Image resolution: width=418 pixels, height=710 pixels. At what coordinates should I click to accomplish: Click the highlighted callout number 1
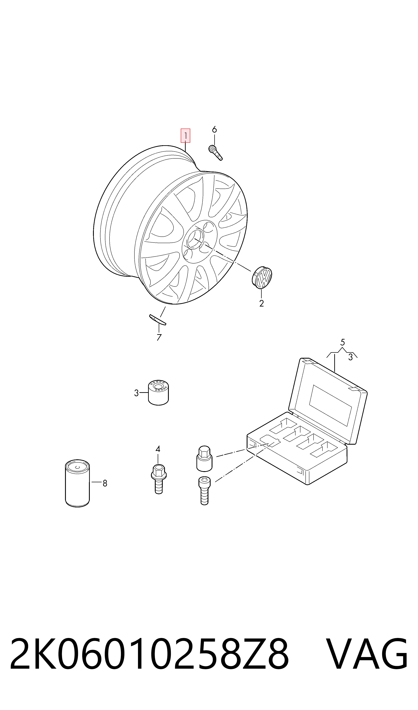pos(185,136)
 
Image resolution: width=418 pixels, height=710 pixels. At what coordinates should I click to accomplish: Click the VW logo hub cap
pos(262,277)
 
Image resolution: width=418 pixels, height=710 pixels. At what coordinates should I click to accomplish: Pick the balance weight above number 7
pos(158,320)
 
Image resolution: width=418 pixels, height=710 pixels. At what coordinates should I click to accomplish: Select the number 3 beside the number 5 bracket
pos(350,357)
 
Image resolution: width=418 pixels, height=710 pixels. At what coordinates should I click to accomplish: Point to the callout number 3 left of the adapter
pos(136,393)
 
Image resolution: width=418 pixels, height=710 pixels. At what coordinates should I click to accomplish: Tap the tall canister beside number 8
pos(78,484)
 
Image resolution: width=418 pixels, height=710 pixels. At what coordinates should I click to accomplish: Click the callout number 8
pos(105,484)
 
